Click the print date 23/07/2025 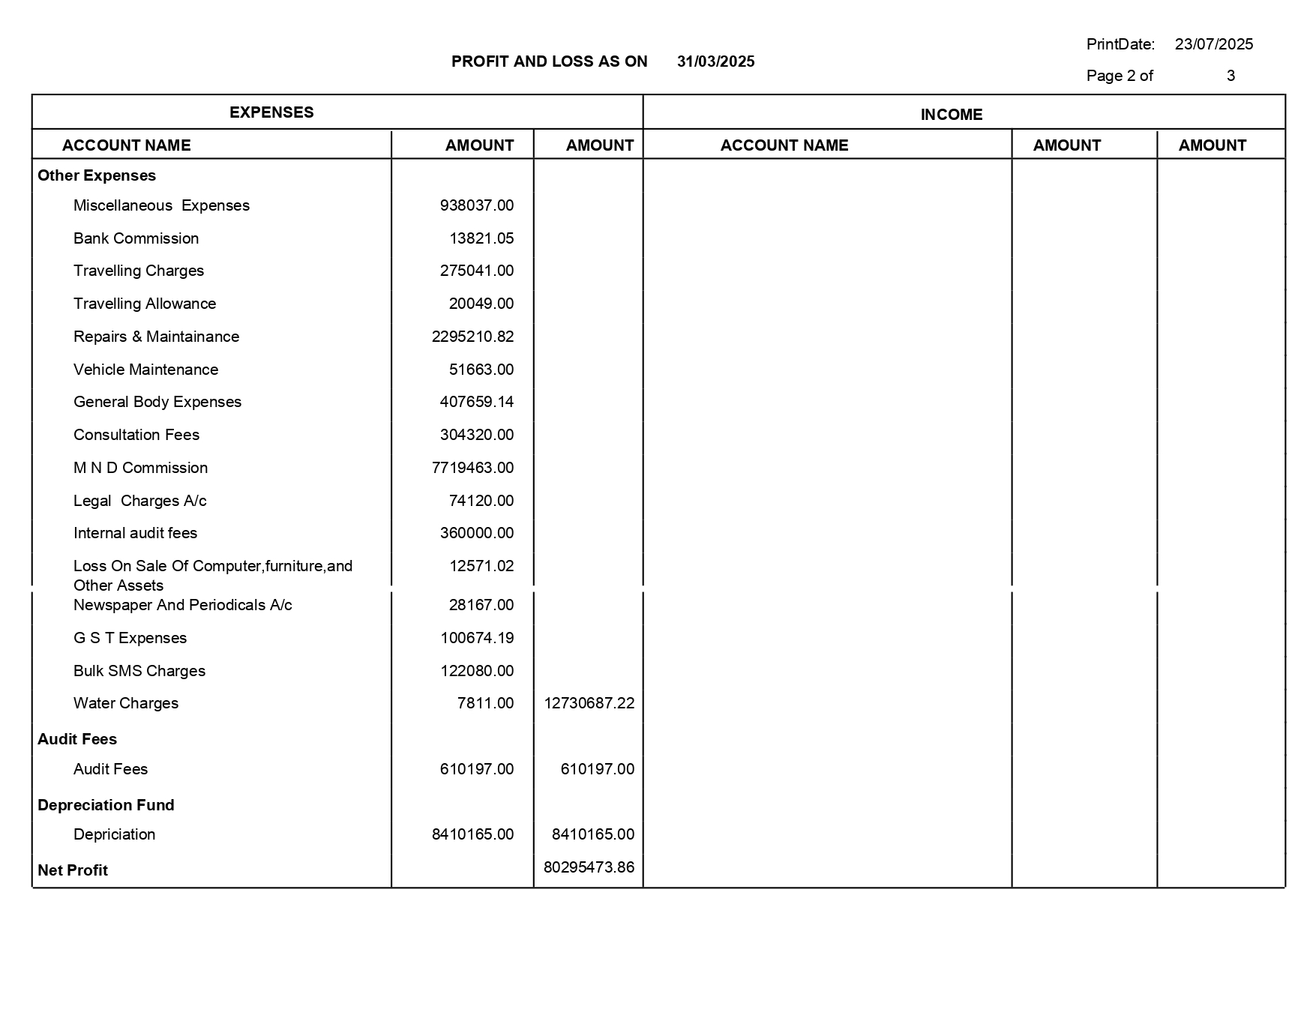click(x=1213, y=44)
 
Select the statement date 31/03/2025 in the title click(x=715, y=61)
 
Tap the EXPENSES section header click(x=271, y=112)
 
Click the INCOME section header click(x=951, y=115)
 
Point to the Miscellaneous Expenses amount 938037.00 click(x=476, y=205)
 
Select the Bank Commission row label click(x=136, y=238)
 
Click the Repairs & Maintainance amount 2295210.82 click(x=472, y=337)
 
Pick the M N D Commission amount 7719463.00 click(x=472, y=468)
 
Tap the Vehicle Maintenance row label click(x=145, y=370)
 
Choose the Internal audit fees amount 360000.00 click(x=476, y=533)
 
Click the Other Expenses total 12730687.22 click(x=589, y=703)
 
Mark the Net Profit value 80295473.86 click(x=589, y=867)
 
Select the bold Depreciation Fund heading click(x=106, y=805)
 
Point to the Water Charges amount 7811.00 click(x=485, y=703)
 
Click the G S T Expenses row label click(x=130, y=638)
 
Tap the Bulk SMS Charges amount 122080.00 click(x=476, y=671)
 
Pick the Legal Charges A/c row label click(x=139, y=501)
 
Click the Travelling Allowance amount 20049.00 click(x=481, y=304)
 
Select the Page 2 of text click(x=1119, y=76)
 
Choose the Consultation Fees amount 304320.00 click(x=476, y=435)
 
